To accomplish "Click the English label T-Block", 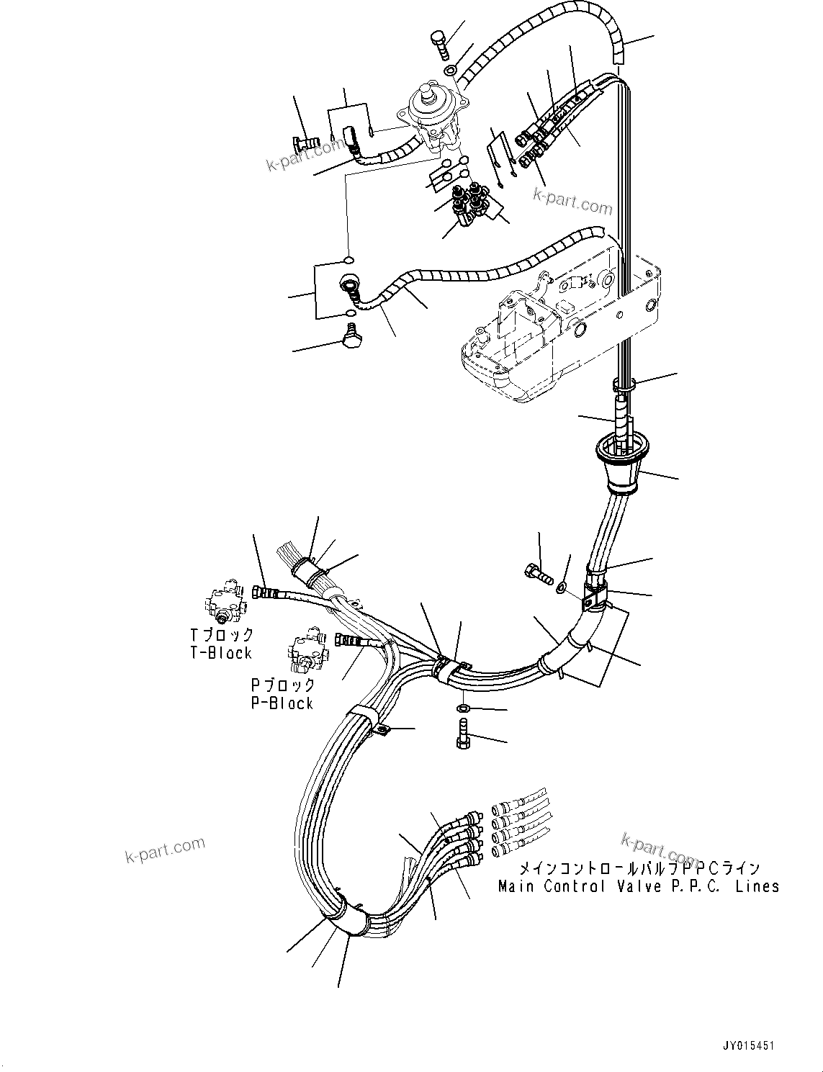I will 220,653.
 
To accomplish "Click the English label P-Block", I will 282,703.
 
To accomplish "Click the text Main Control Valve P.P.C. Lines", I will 639,886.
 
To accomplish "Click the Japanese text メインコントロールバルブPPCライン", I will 639,869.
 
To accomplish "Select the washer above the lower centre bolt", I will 464,710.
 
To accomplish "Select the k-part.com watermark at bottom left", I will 165,850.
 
